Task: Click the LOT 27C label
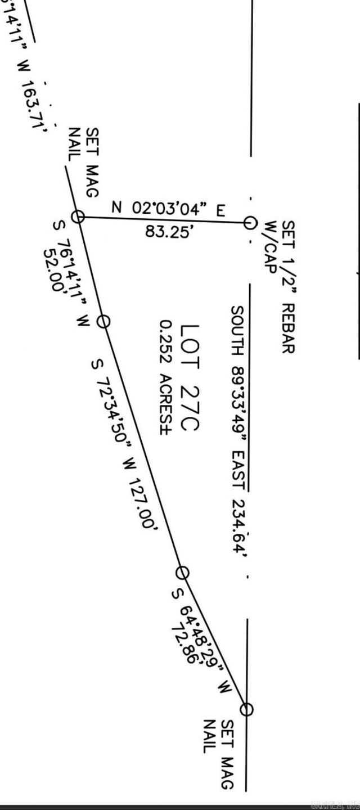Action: click(x=188, y=377)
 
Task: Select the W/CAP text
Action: click(x=271, y=249)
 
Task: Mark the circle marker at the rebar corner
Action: click(x=249, y=222)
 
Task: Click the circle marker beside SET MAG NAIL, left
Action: click(x=78, y=217)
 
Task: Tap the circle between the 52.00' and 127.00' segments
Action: click(x=103, y=321)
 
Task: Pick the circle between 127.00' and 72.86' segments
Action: click(x=182, y=573)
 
